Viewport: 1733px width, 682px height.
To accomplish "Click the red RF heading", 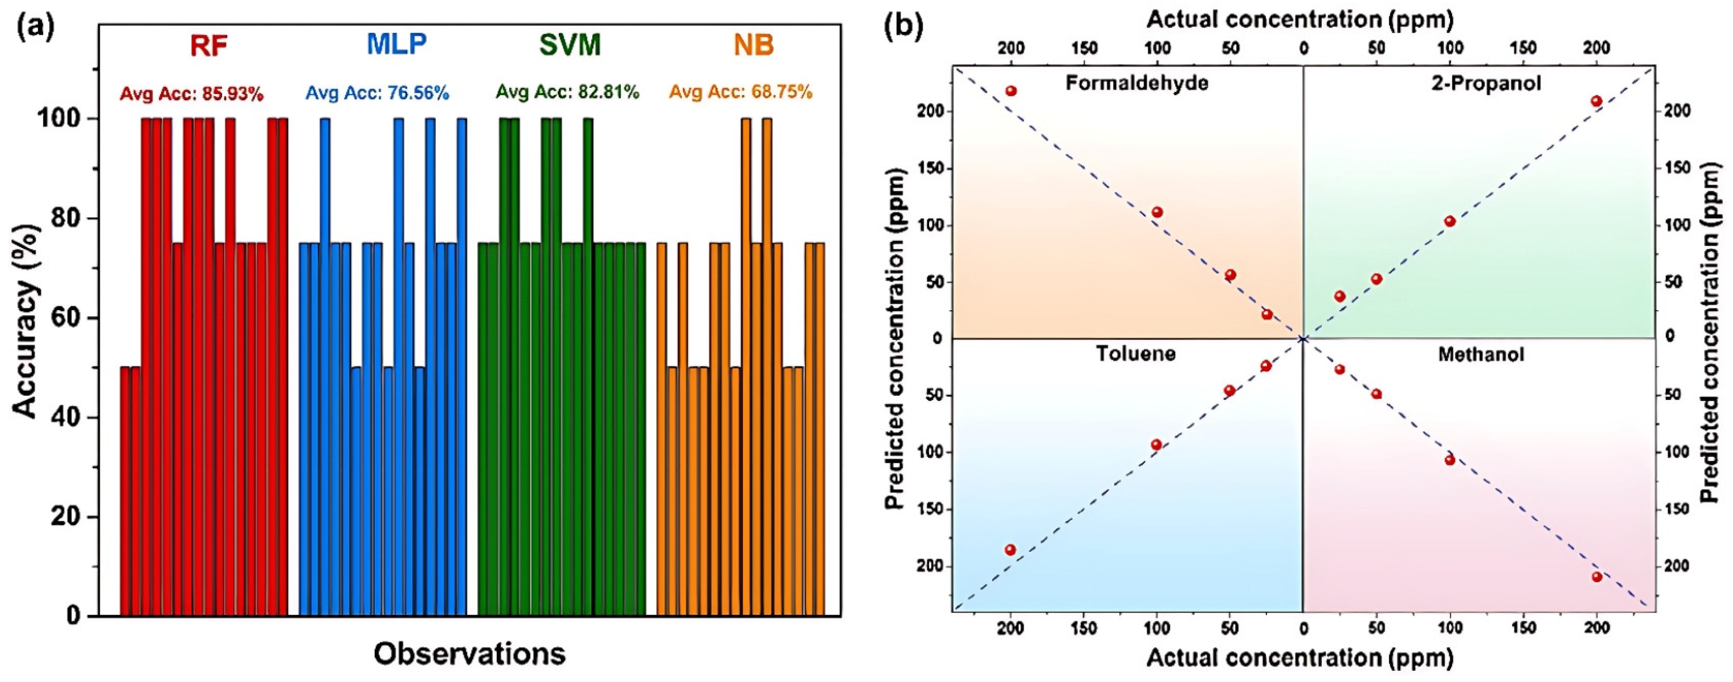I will (209, 46).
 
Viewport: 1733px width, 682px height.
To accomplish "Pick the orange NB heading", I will (754, 46).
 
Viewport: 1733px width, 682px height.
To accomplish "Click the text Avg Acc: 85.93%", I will (192, 94).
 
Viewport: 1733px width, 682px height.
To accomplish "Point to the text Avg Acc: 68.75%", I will (741, 92).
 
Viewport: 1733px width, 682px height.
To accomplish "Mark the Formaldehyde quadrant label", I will (1137, 83).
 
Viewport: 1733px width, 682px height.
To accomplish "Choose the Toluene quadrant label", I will (1136, 354).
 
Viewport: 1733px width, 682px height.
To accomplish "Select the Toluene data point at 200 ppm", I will (1010, 550).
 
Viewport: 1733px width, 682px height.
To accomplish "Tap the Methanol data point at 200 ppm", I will (1597, 576).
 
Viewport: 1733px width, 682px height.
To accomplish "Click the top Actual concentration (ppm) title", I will (1300, 20).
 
